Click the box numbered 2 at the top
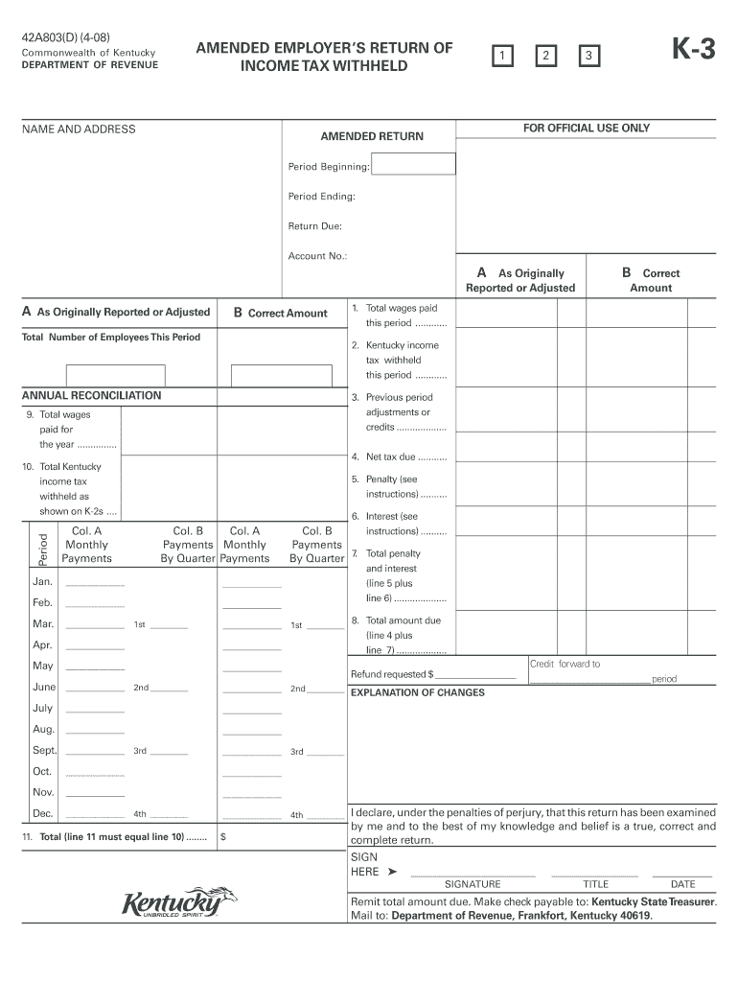pyautogui.click(x=544, y=58)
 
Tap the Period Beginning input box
pyautogui.click(x=413, y=165)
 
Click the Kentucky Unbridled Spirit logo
pyautogui.click(x=178, y=902)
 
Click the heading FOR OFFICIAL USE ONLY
pyautogui.click(x=586, y=129)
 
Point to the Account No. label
pyautogui.click(x=317, y=256)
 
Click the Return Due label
pyautogui.click(x=315, y=226)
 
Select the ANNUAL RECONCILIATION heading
pyautogui.click(x=92, y=395)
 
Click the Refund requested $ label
pyautogui.click(x=392, y=674)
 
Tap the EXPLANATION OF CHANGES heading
pyautogui.click(x=418, y=692)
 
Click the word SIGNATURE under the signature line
pyautogui.click(x=473, y=884)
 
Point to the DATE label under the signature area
pyautogui.click(x=682, y=884)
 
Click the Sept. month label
pyautogui.click(x=45, y=750)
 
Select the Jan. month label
pyautogui.click(x=42, y=582)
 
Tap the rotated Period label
pyautogui.click(x=42, y=546)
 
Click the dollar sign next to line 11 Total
pyautogui.click(x=223, y=836)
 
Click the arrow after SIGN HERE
pyautogui.click(x=392, y=872)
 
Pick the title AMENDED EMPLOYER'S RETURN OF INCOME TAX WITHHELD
pyautogui.click(x=324, y=57)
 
